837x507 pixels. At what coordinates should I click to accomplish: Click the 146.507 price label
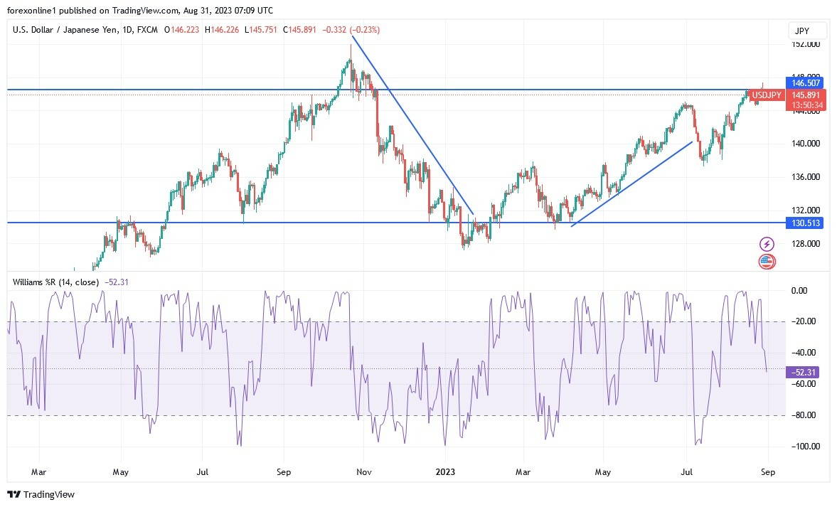pos(806,83)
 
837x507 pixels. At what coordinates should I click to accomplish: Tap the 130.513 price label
pos(806,223)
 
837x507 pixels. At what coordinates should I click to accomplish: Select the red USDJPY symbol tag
pos(767,95)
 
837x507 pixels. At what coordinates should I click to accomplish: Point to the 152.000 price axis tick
pos(806,44)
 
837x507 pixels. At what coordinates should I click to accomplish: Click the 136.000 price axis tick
pos(806,177)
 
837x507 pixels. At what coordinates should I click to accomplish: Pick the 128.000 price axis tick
pos(806,244)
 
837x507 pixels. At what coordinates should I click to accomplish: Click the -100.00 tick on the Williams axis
pos(806,447)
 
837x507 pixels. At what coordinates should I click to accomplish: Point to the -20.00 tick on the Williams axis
pos(806,321)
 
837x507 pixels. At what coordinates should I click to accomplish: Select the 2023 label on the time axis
pos(446,471)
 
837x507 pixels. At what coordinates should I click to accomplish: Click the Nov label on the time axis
pos(363,471)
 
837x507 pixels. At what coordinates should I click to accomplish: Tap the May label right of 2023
pos(603,471)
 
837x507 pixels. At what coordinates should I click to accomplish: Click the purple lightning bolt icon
pos(767,244)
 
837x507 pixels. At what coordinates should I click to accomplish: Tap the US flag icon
pos(767,261)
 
